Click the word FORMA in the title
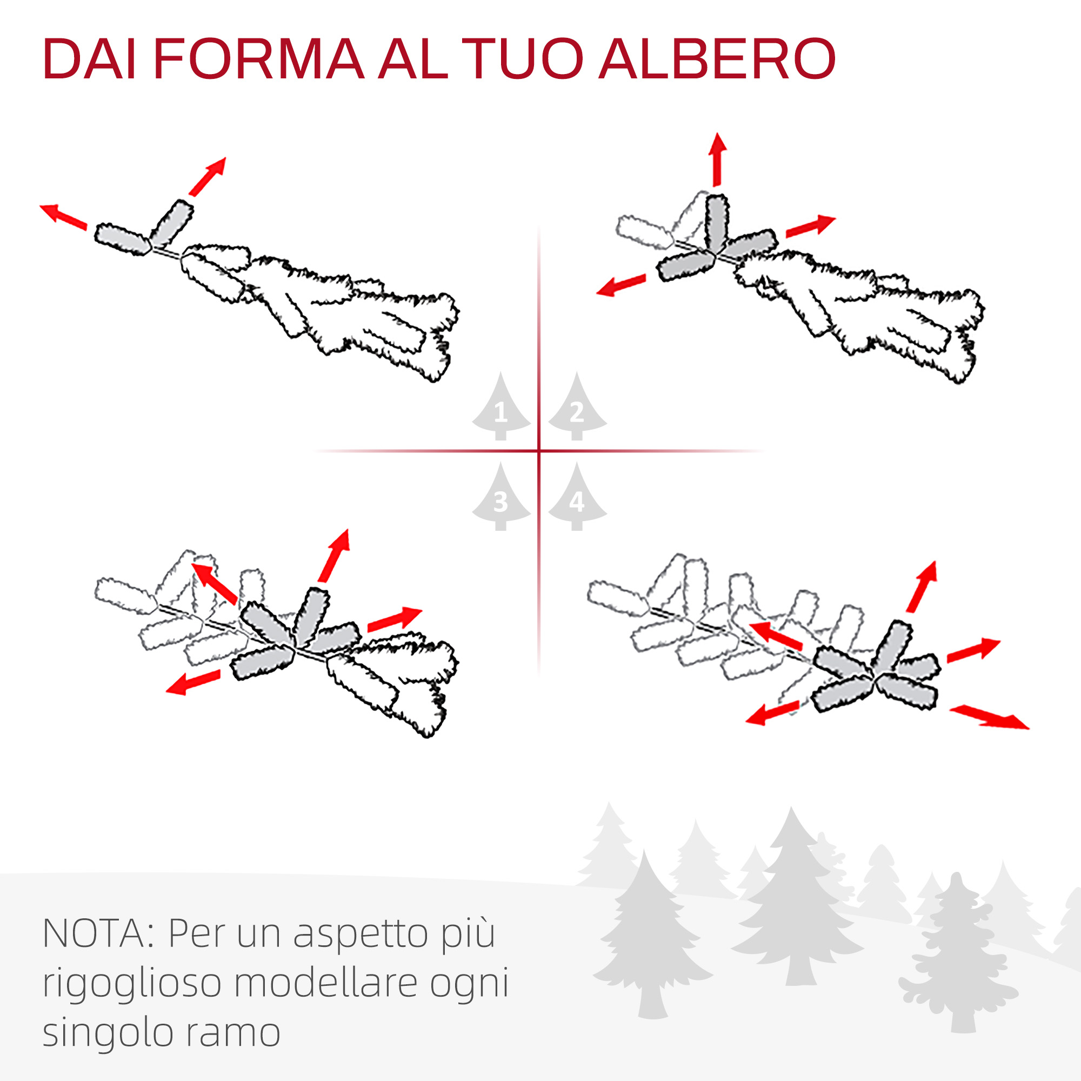258,59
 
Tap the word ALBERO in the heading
718,59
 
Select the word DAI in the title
90,59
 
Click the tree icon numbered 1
501,407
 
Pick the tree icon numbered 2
577,407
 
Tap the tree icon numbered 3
501,497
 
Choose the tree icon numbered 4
577,497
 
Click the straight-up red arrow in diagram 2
717,159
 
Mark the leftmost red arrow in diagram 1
63,217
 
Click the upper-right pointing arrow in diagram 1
208,177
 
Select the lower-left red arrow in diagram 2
621,285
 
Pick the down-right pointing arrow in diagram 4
989,717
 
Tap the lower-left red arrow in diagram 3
193,683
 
